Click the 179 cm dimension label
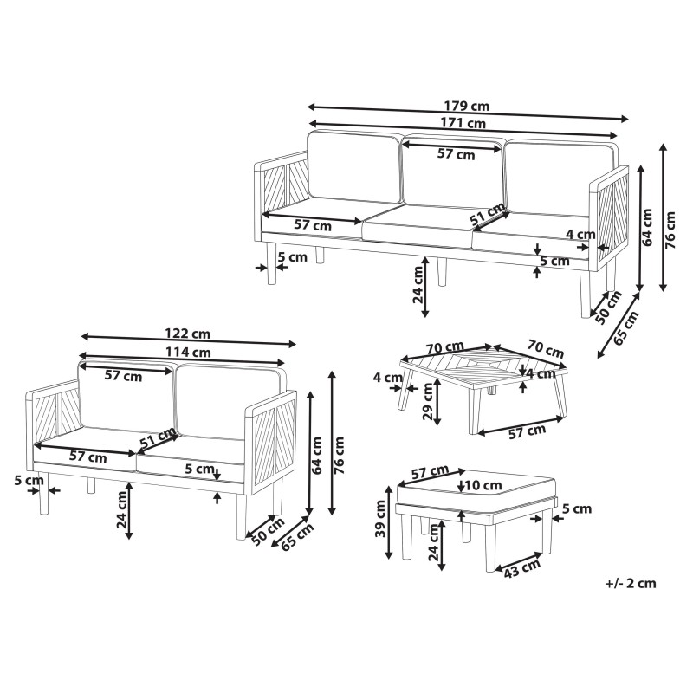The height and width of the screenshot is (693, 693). [467, 107]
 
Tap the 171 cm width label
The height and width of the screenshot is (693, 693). [463, 123]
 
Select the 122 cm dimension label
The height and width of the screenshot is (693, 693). [187, 333]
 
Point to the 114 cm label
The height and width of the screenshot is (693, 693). [188, 352]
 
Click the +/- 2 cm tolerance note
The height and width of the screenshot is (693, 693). [631, 583]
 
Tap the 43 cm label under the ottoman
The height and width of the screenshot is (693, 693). [522, 568]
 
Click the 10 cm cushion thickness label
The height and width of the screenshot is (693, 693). [483, 485]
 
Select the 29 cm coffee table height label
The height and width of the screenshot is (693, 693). [428, 401]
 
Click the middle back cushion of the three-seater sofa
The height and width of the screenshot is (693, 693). [454, 172]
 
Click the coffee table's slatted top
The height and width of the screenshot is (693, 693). [483, 366]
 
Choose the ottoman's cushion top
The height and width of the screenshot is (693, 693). [476, 487]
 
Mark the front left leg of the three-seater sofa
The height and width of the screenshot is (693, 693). [271, 263]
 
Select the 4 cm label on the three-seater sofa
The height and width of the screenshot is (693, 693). [580, 234]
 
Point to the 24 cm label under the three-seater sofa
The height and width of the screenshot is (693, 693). [418, 285]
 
